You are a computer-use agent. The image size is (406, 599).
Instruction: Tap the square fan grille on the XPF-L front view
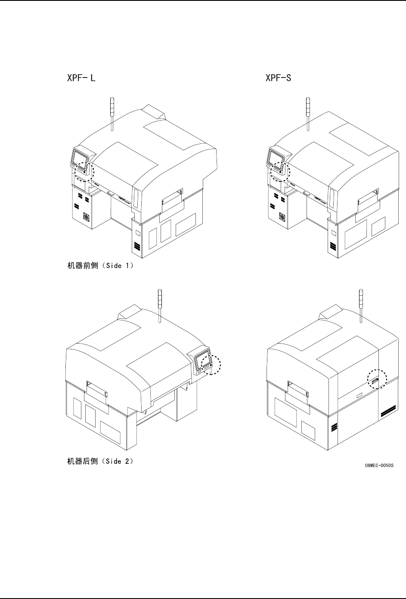point(87,217)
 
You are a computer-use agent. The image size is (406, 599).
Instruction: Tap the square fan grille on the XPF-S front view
point(283,217)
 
